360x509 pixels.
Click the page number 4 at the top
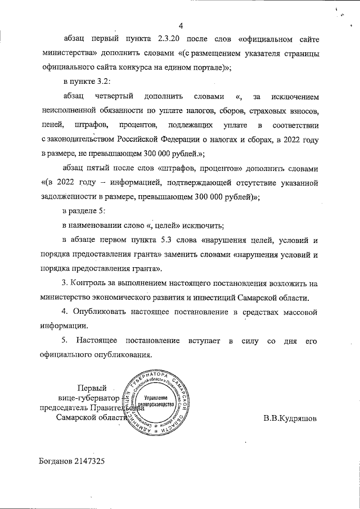[182, 25]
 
